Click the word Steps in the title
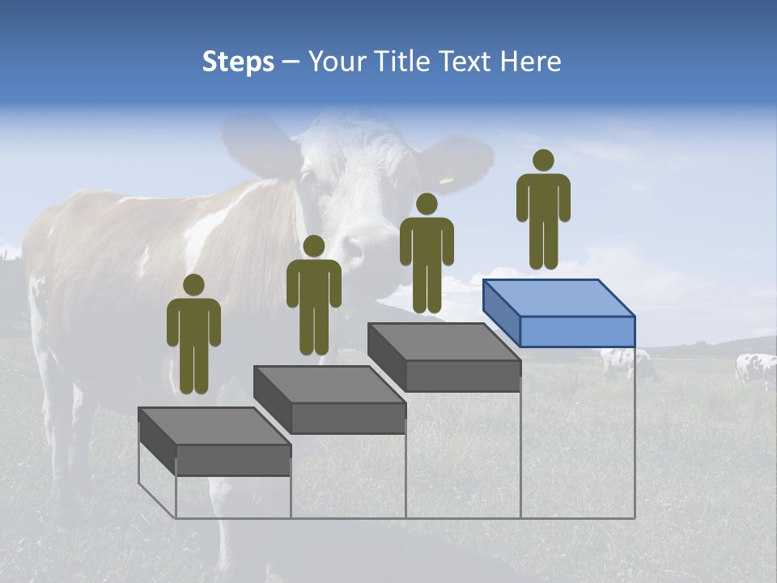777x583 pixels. (238, 62)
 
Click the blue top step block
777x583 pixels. (559, 313)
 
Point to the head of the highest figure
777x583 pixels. (543, 160)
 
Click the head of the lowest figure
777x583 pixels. (193, 285)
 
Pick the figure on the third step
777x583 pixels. (427, 253)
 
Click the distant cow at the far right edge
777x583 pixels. (755, 368)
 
